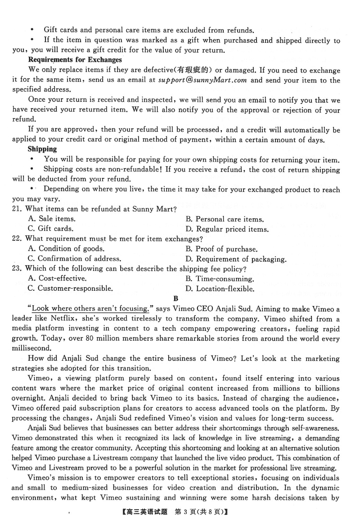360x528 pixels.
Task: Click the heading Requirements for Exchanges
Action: [75, 60]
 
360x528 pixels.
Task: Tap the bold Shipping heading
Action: [42, 149]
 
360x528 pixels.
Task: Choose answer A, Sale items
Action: [52, 219]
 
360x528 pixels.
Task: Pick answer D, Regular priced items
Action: [227, 229]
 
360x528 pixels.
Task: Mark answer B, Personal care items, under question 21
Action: [225, 219]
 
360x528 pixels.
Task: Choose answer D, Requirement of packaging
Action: [236, 259]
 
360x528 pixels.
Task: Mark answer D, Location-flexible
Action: [220, 289]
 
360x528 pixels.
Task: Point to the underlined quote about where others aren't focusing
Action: [90, 309]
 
